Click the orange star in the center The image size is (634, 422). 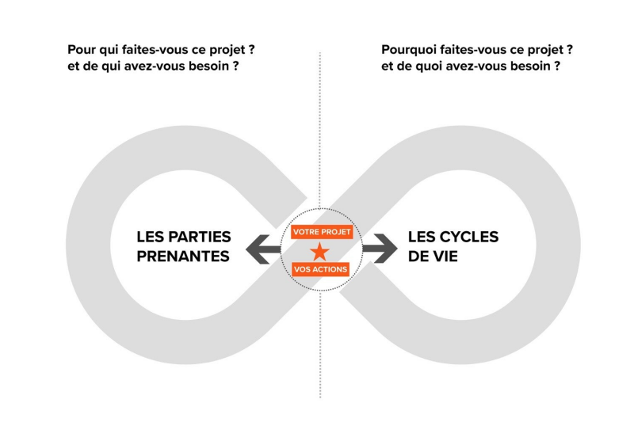click(319, 252)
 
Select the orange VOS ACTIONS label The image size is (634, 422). click(320, 269)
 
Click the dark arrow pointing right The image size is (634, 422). click(380, 249)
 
